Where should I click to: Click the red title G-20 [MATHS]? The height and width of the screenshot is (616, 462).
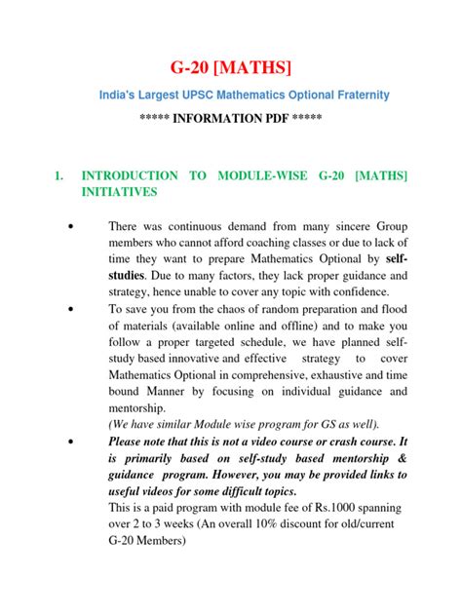[230, 66]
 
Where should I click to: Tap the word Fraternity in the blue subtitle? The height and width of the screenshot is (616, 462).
[357, 95]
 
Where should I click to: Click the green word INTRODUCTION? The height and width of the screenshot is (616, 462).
[130, 175]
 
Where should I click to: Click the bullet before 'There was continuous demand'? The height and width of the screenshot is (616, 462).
[71, 226]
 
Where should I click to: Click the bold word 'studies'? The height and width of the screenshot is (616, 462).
[131, 276]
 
